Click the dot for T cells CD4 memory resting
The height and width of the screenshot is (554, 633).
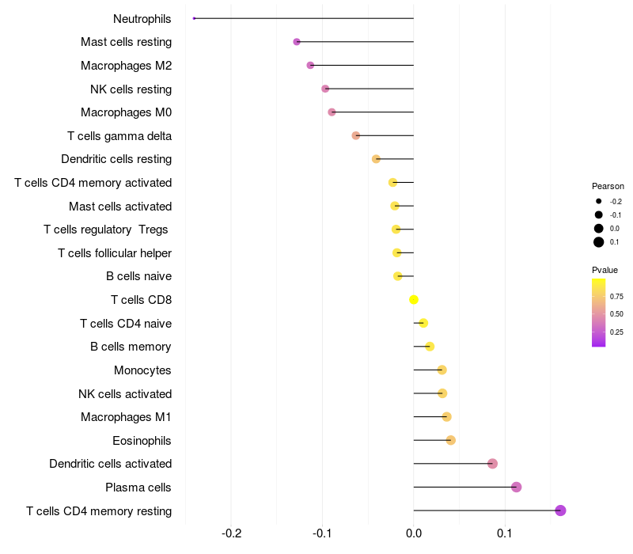pos(560,510)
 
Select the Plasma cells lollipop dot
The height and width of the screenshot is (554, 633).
pos(517,487)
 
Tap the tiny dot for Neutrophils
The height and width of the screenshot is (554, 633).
pos(194,18)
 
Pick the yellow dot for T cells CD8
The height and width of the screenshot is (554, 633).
pos(414,299)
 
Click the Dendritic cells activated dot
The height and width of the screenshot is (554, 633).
pos(492,464)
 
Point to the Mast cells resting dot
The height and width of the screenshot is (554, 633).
pos(297,41)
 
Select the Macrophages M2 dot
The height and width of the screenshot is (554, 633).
pos(310,65)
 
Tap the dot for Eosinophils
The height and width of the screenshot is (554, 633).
pos(451,440)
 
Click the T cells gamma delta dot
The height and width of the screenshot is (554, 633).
pos(356,135)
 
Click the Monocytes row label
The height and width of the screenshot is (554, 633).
pos(142,370)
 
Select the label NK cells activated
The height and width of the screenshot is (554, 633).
pos(125,394)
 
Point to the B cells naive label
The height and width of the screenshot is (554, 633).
pos(138,276)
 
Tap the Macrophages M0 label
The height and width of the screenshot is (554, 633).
pos(126,112)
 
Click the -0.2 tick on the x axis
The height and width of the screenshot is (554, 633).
pos(232,533)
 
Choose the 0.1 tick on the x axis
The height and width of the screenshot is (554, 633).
pos(505,533)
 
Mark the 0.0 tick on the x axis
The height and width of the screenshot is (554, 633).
pos(414,533)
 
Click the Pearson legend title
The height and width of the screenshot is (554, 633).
pos(608,186)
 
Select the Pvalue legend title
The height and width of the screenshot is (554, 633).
pos(605,270)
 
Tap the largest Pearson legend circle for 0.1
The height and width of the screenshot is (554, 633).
pos(599,242)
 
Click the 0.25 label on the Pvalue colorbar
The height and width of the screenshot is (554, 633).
pos(616,332)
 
